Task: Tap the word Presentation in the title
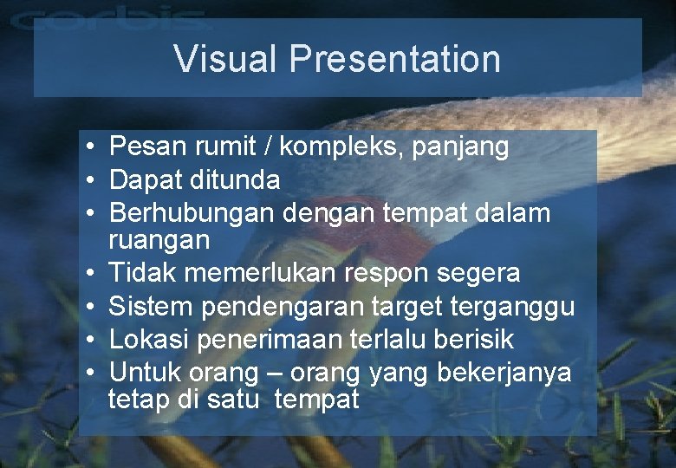coord(395,59)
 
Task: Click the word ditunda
coord(237,180)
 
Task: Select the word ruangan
coord(160,240)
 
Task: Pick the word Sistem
coord(151,306)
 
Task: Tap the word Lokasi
coord(150,339)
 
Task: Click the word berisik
coord(473,339)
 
